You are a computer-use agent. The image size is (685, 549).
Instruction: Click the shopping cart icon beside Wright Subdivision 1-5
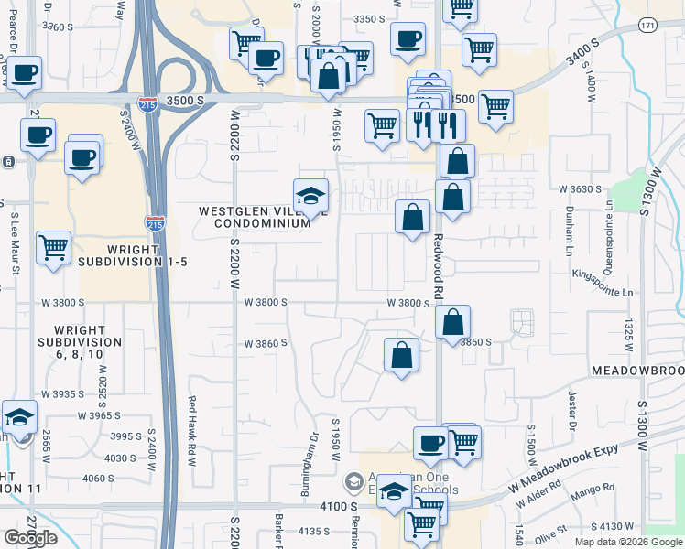53,249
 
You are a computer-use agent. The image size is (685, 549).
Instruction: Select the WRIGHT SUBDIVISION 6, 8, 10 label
87,342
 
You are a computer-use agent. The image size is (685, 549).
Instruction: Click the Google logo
30,538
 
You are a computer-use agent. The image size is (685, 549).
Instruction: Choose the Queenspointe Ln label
608,243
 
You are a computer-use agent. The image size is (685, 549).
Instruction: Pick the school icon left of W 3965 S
20,417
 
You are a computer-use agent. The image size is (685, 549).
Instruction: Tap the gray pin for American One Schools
353,480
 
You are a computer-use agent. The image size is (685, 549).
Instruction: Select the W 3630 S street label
582,189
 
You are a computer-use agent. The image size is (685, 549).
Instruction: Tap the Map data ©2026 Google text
626,542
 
